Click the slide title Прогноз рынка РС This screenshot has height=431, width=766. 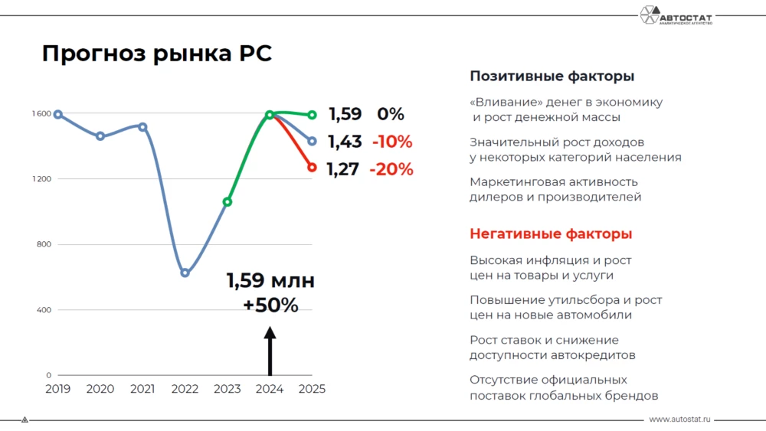coord(156,54)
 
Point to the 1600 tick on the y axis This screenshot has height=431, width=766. coord(41,114)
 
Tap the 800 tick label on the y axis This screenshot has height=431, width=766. coord(43,245)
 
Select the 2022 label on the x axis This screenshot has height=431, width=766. coord(185,389)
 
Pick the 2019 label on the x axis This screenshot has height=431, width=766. coord(57,389)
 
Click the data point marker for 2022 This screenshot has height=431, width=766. coord(185,273)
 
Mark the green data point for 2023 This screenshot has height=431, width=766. coord(228,202)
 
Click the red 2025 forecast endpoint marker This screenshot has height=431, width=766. coord(312,168)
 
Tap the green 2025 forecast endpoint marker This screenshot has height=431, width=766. coord(312,116)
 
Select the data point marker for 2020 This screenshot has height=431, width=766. coord(100,136)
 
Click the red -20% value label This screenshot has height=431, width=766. coord(391,170)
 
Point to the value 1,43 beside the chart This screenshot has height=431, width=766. coord(344,142)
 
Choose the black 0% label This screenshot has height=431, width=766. coord(390,115)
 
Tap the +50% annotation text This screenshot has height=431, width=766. coord(270,305)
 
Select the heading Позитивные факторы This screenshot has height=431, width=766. coord(552,77)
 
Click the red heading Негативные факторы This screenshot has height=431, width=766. coord(551,234)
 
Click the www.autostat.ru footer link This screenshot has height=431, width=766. coord(680,420)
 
